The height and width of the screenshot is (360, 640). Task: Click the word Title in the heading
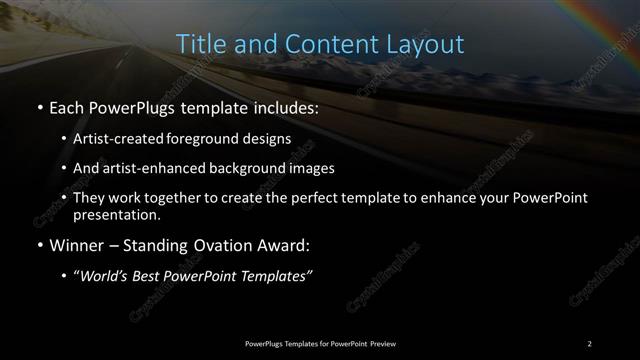198,45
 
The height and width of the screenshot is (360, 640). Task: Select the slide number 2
590,343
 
